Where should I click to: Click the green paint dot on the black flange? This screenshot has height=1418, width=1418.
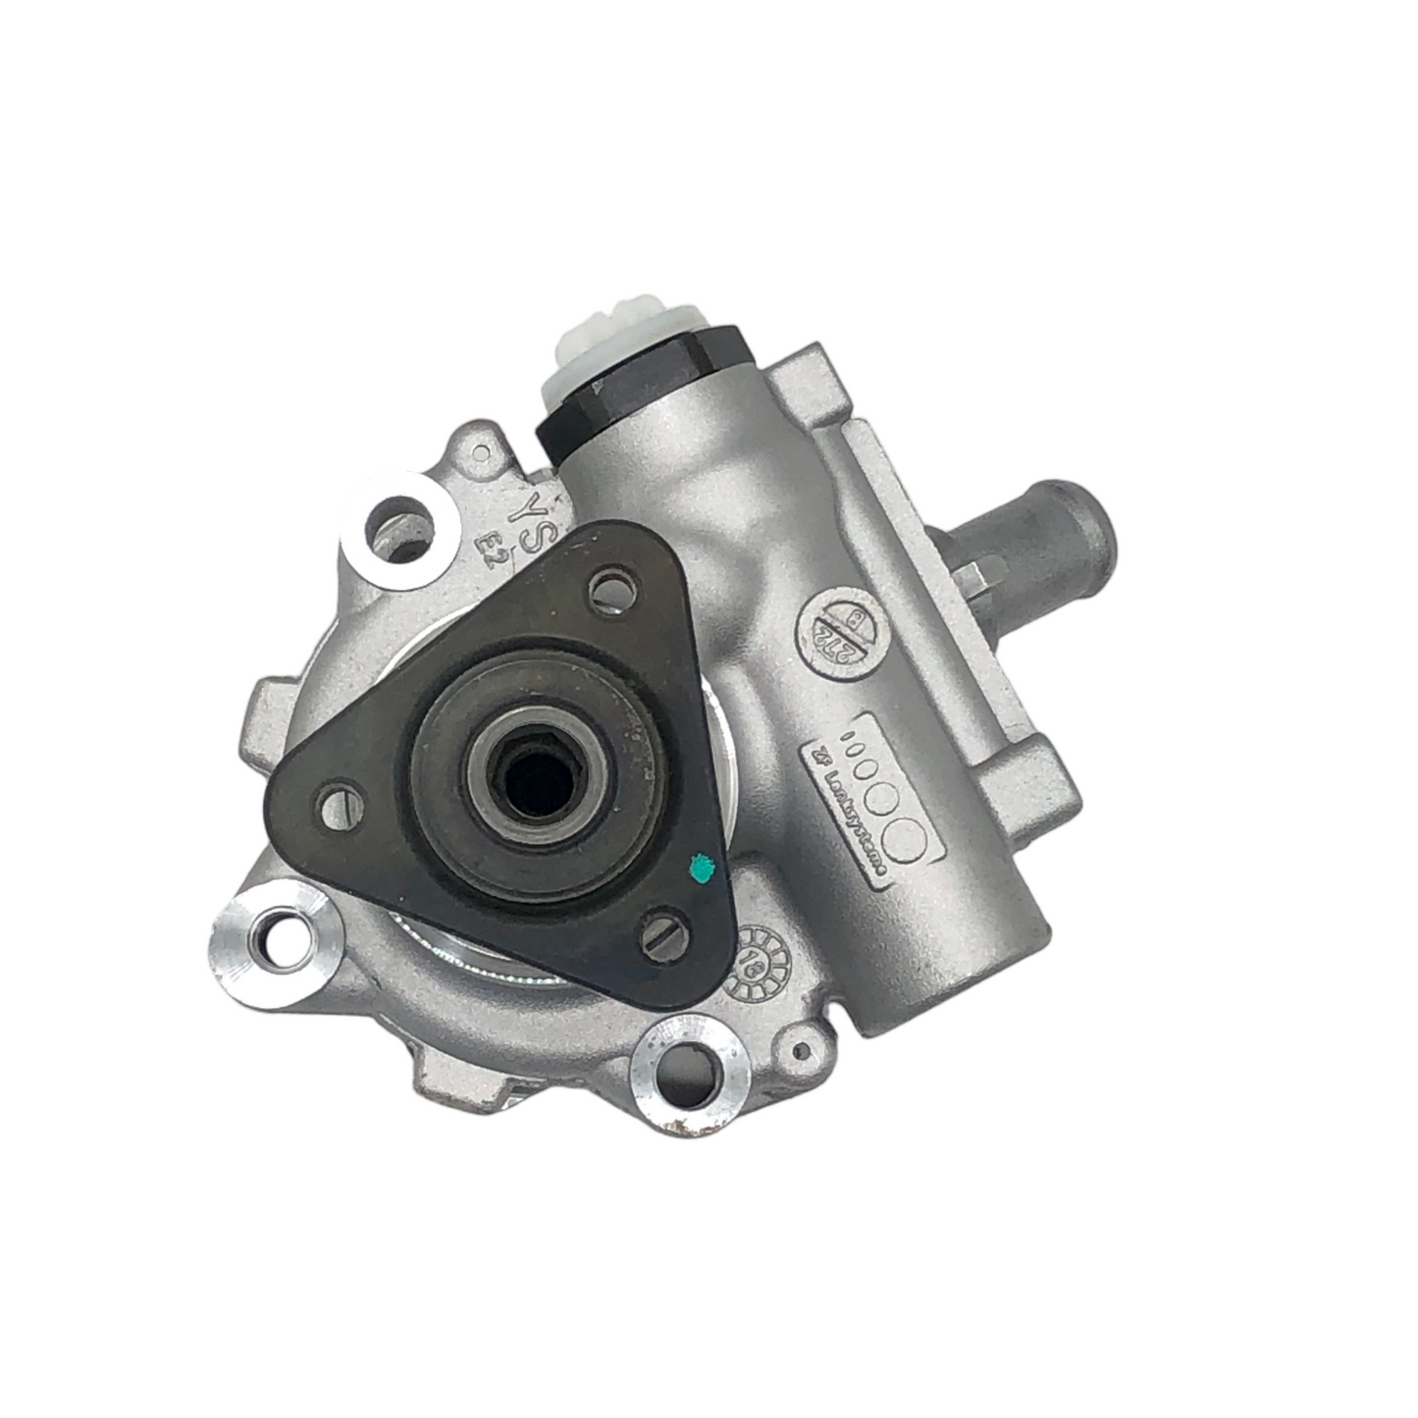click(x=701, y=866)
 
